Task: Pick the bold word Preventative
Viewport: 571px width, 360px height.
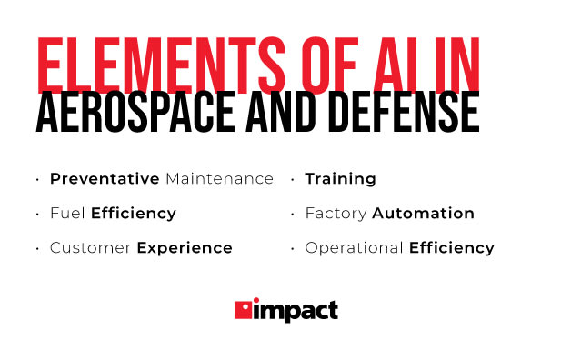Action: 105,179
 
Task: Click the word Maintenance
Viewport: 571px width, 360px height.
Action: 219,179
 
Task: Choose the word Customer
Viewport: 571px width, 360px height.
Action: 90,248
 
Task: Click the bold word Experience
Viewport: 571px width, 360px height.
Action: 185,248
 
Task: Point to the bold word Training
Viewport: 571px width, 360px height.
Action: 340,179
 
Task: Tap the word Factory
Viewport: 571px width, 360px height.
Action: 336,214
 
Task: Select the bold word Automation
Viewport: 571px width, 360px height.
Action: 423,214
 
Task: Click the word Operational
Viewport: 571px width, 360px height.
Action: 354,248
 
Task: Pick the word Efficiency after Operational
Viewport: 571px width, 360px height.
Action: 451,248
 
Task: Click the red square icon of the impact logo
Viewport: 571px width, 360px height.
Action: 244,310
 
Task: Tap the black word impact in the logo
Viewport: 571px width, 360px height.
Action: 296,311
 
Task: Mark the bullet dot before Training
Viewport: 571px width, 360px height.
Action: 293,180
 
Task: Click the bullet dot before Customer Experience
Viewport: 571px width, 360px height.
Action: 37,249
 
